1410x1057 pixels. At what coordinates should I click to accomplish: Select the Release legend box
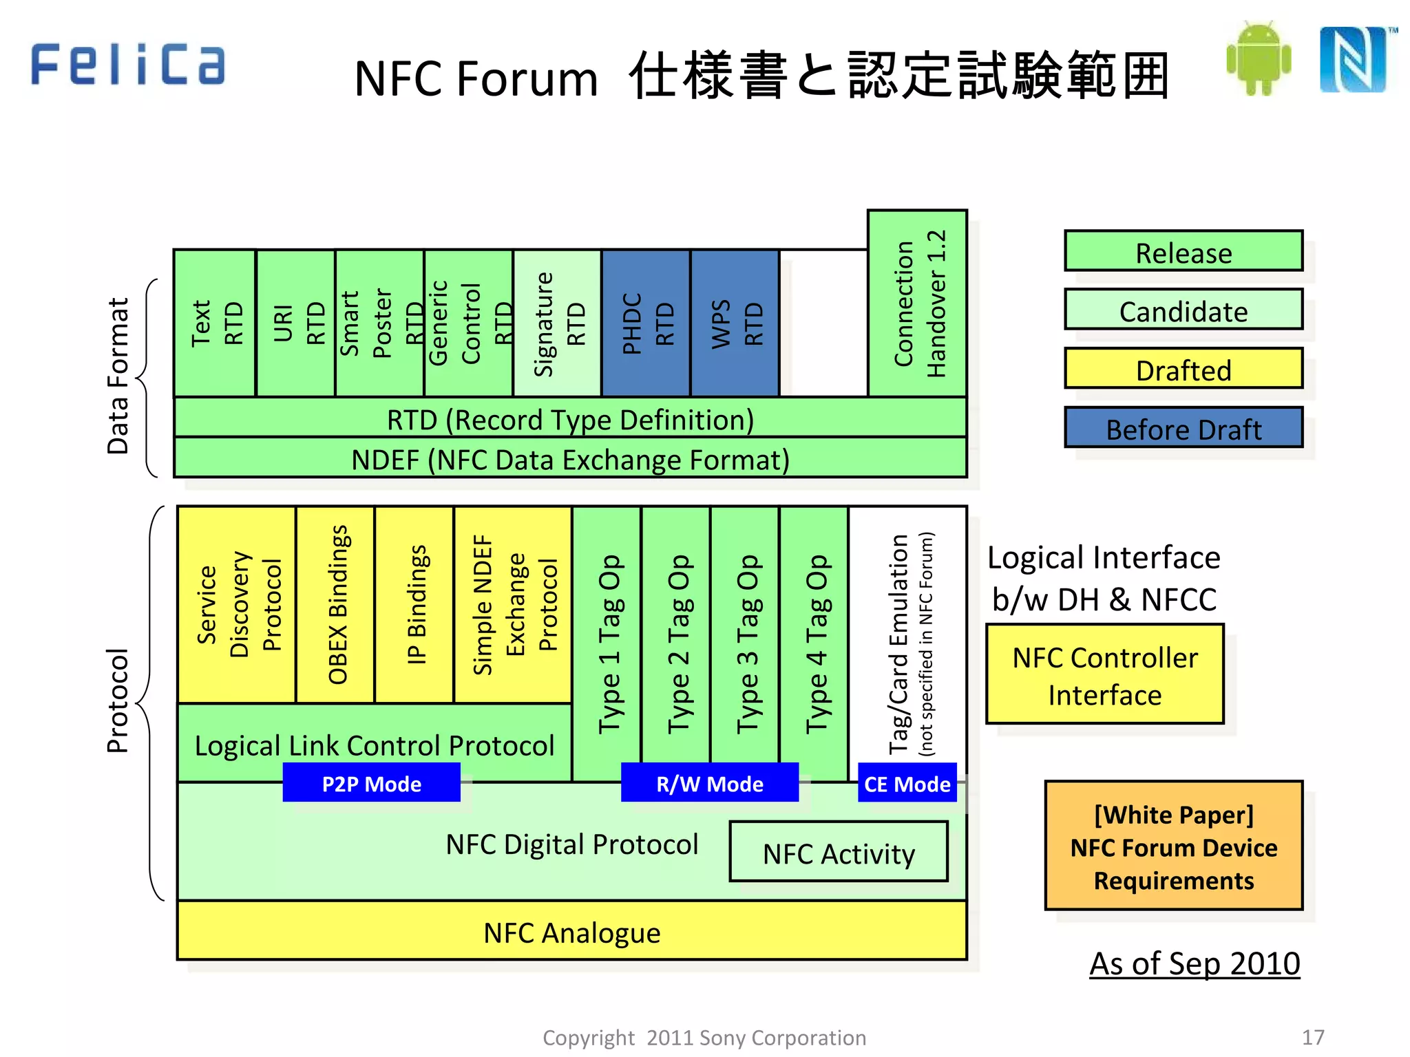coord(1183,251)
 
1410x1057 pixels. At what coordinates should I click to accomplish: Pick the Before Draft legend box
coord(1183,428)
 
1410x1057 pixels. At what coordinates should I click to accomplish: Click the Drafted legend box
coord(1183,369)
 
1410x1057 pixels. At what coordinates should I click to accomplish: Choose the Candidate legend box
coord(1183,310)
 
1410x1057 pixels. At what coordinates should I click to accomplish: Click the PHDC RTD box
coord(646,323)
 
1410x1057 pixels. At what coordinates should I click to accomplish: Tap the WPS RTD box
coord(735,323)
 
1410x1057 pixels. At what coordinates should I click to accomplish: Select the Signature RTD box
coord(558,323)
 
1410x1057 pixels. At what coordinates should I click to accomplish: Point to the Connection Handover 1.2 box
coord(917,303)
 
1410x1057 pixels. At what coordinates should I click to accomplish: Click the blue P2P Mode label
coord(371,783)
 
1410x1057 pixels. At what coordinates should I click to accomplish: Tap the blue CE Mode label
coord(907,783)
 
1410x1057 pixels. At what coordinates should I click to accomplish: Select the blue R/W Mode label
coord(709,783)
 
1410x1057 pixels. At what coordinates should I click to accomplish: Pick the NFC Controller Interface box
coord(1104,674)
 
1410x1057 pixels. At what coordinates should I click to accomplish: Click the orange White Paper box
coord(1173,846)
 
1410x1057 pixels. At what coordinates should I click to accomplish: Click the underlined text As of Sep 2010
coord(1194,963)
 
